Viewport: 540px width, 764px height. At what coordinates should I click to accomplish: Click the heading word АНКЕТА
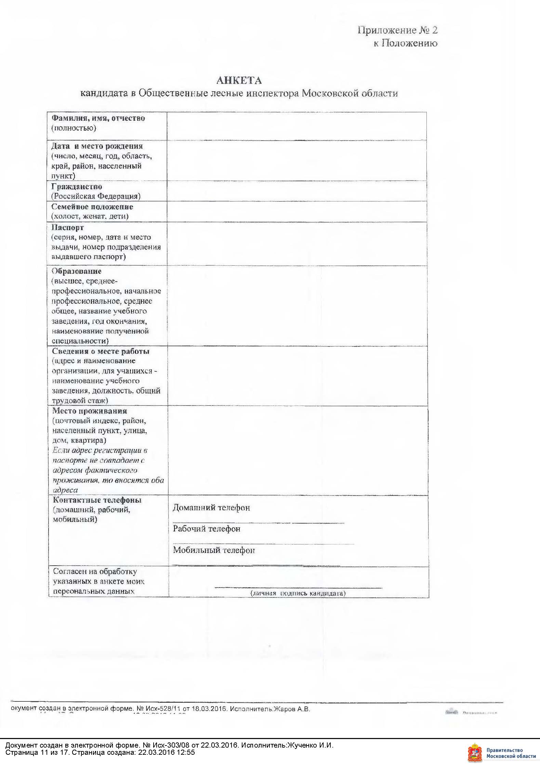pos(239,80)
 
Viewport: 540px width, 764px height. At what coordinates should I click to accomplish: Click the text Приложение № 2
pos(397,30)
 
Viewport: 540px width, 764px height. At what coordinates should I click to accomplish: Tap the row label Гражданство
pos(77,187)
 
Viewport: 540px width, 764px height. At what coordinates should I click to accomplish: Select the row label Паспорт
pos(68,227)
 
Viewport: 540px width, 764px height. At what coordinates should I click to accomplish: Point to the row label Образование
pos(77,271)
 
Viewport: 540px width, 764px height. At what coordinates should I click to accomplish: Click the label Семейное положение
pos(92,207)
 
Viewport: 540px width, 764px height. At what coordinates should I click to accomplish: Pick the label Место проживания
pos(90,411)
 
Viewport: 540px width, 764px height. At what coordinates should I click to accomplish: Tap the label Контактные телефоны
pos(97,500)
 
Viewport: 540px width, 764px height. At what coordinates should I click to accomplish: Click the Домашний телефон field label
pos(211,508)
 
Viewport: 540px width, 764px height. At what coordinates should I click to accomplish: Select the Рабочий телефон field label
pos(207,529)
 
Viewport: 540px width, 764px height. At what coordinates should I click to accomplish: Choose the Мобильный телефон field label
pos(214,550)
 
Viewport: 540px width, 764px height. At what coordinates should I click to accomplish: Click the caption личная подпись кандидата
pos(298,593)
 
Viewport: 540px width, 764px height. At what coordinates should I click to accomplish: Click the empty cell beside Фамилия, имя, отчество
pos(297,126)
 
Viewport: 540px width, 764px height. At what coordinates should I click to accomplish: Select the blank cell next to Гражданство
pos(297,191)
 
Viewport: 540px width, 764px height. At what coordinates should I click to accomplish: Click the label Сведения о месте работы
pos(101,351)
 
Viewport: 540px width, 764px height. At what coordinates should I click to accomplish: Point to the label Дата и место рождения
pos(97,146)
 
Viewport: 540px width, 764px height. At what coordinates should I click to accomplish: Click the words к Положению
pos(405,43)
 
